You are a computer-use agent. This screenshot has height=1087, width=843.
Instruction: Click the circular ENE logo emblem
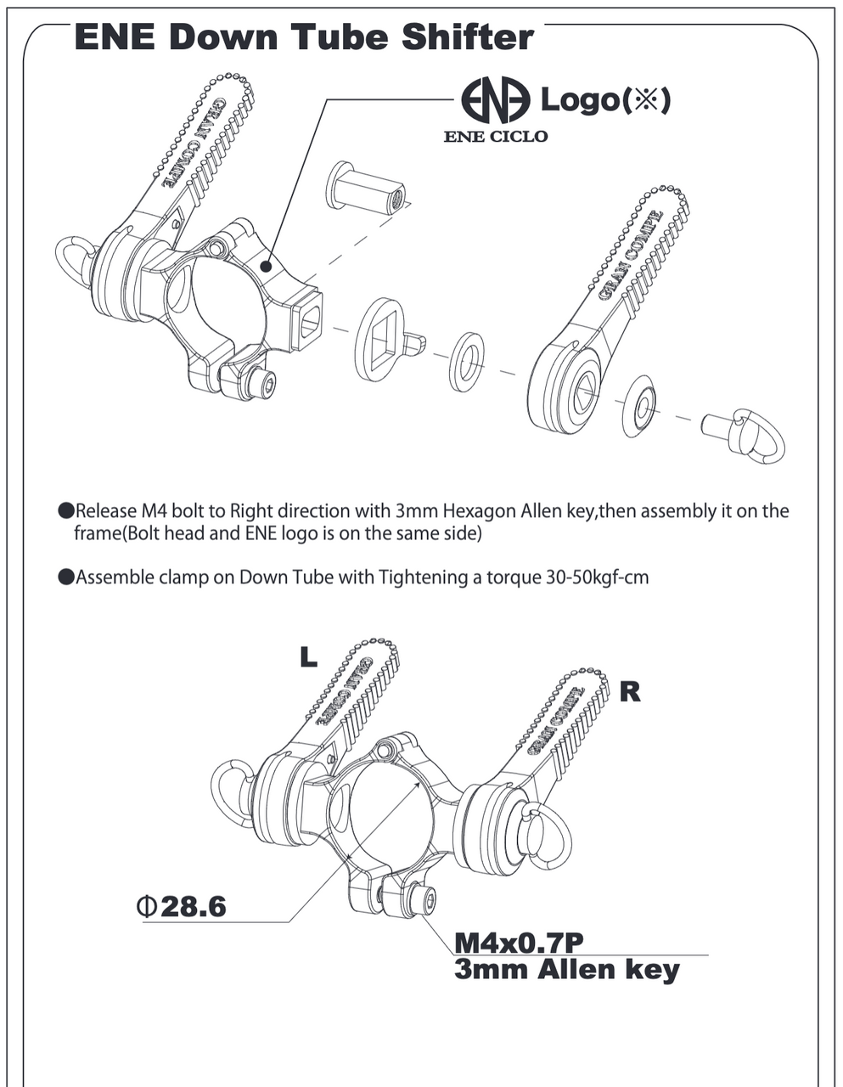pyautogui.click(x=495, y=101)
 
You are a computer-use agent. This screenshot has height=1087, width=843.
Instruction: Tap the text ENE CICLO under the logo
pyautogui.click(x=496, y=136)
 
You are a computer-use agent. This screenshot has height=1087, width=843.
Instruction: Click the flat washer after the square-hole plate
pyautogui.click(x=466, y=362)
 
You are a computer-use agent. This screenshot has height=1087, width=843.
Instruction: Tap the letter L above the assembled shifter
pyautogui.click(x=308, y=656)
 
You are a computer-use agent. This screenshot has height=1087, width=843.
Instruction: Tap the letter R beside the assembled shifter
pyautogui.click(x=630, y=691)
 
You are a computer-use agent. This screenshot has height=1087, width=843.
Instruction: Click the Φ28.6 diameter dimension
pyautogui.click(x=181, y=906)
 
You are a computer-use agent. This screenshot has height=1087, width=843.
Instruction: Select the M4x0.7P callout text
pyautogui.click(x=520, y=943)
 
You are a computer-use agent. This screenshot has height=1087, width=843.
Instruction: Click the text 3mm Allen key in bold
pyautogui.click(x=566, y=970)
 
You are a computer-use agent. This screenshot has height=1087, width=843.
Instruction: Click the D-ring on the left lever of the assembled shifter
pyautogui.click(x=232, y=791)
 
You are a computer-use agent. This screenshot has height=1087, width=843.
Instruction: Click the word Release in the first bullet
pyautogui.click(x=104, y=511)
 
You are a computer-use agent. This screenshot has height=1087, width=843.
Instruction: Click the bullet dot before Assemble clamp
pyautogui.click(x=66, y=577)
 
